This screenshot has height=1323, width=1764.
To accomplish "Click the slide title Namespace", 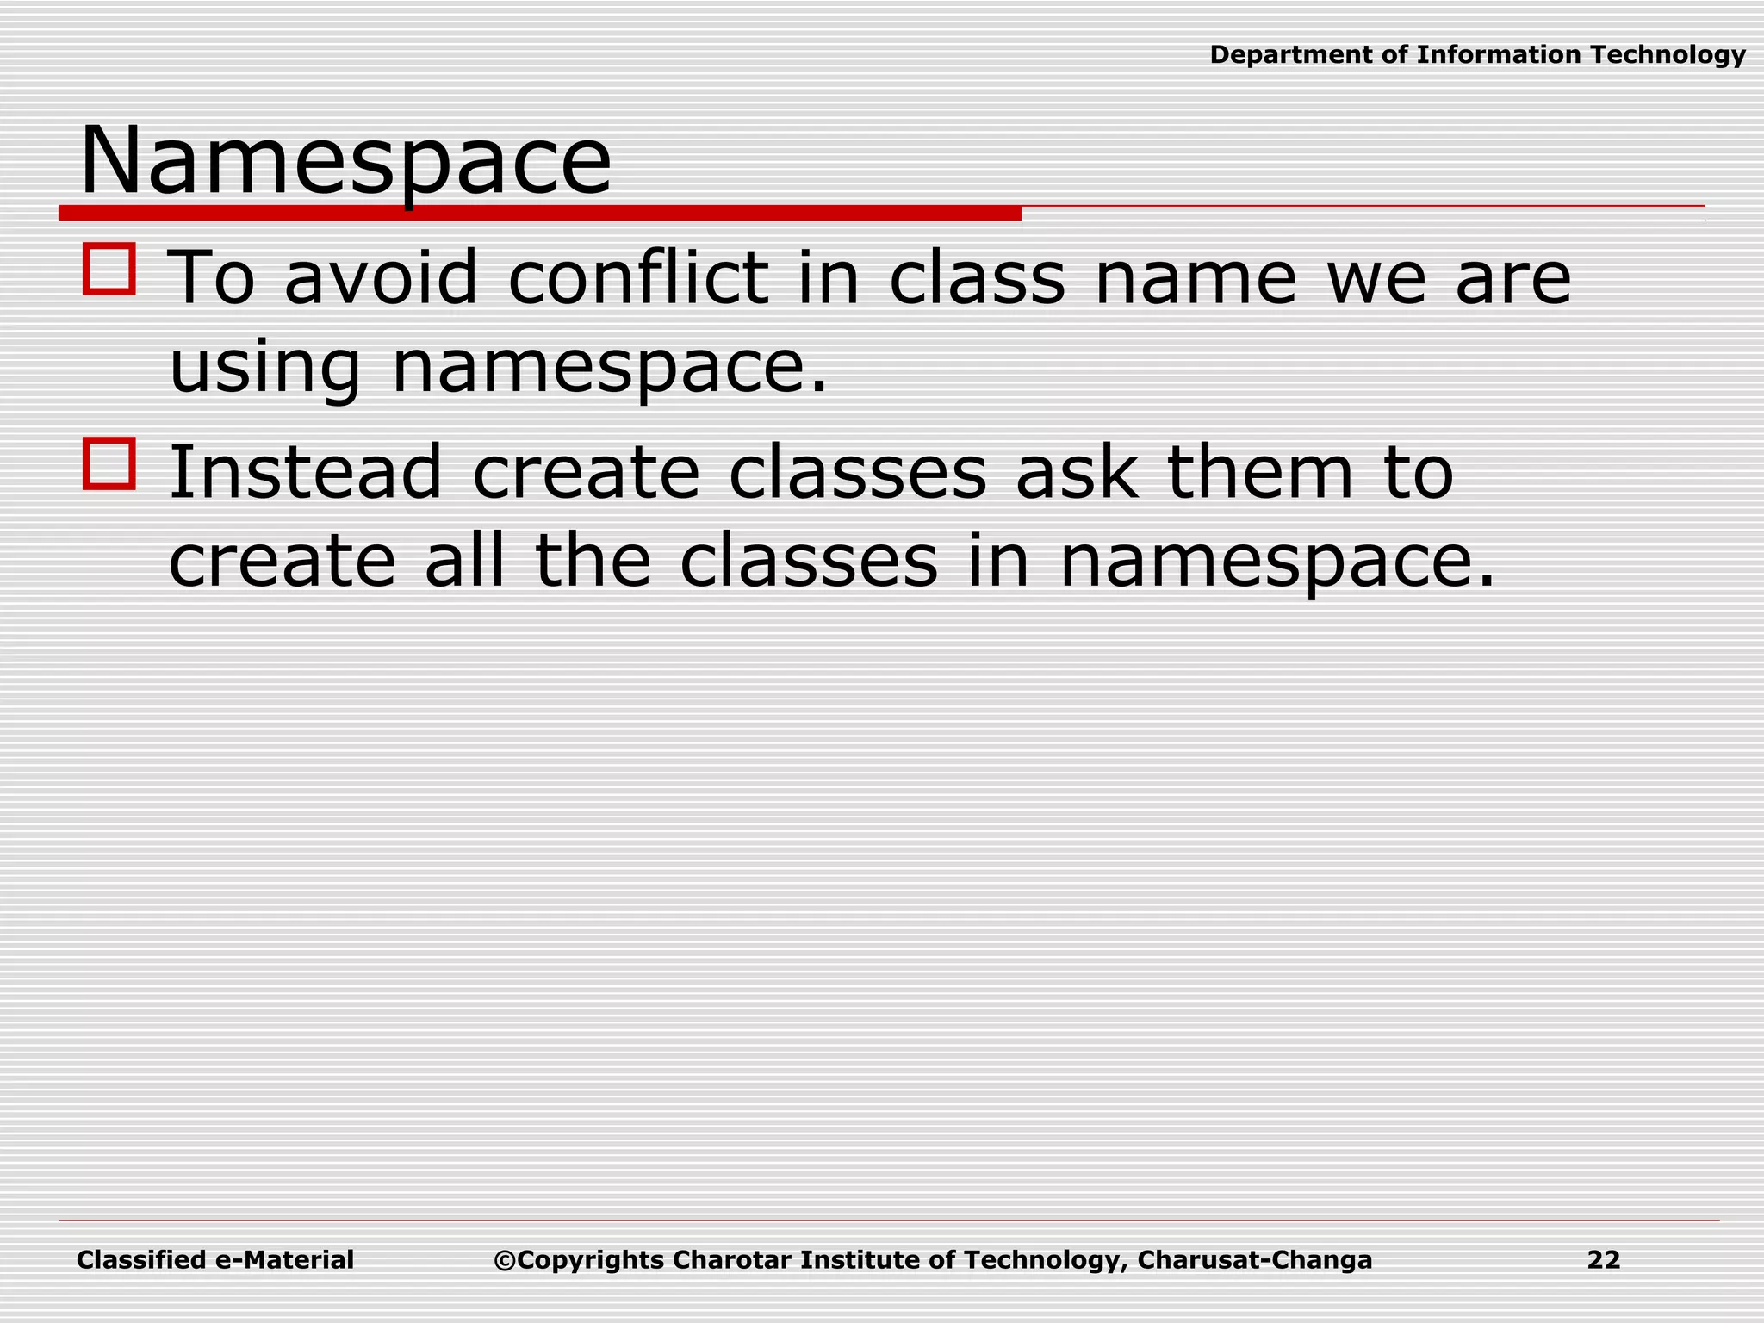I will (x=345, y=162).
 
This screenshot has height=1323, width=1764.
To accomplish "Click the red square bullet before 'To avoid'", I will (x=109, y=270).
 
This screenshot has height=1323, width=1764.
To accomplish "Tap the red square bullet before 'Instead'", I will (x=109, y=463).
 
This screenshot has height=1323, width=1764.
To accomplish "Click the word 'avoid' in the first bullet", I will (x=381, y=277).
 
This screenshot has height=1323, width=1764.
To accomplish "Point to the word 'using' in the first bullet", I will (x=264, y=368).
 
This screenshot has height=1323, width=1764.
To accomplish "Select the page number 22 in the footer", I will (x=1604, y=1260).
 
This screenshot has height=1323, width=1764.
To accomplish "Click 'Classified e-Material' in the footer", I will (x=215, y=1260).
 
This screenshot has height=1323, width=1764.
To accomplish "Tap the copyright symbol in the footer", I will (x=504, y=1261).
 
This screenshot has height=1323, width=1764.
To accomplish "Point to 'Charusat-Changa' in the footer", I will (x=1254, y=1260).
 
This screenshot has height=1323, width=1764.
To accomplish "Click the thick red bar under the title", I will (x=540, y=213).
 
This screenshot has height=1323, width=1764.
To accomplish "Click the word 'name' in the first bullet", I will (x=1195, y=277).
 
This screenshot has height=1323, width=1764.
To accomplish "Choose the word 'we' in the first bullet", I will (x=1376, y=277).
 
